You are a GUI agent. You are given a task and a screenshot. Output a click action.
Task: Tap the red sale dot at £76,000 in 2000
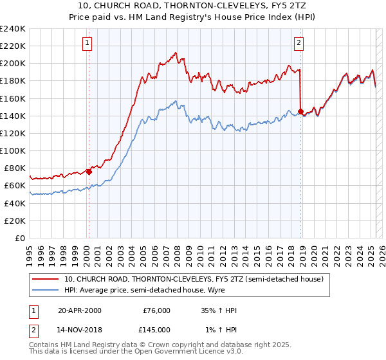click(89, 172)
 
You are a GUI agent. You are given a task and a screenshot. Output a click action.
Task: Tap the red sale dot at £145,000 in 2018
click(300, 111)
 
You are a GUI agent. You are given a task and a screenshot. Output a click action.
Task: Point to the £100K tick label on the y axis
click(13, 150)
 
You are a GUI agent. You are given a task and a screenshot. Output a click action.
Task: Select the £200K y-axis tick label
click(13, 64)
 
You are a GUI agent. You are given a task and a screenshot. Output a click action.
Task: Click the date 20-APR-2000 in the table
click(79, 310)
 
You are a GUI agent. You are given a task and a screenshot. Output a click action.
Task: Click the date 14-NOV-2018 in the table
click(80, 329)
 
